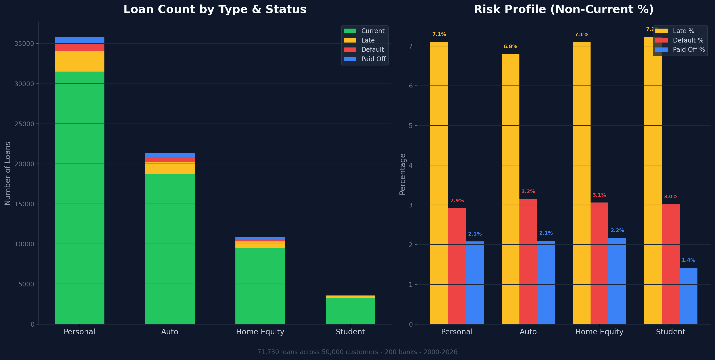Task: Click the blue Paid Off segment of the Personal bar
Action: coord(79,40)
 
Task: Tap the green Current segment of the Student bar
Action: coord(350,311)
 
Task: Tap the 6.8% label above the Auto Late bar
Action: coord(510,47)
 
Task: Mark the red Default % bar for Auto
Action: coord(528,261)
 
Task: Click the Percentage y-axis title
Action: coord(402,174)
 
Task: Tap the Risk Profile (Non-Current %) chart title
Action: coord(564,9)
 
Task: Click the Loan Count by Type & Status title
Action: coord(215,9)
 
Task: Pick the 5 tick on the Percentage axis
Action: coord(411,126)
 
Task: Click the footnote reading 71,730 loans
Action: coord(357,352)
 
